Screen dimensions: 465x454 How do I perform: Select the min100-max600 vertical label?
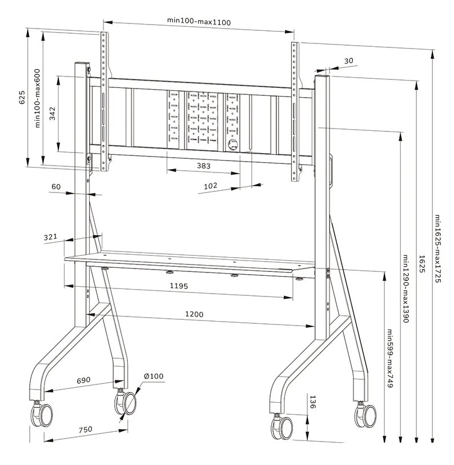click(x=38, y=99)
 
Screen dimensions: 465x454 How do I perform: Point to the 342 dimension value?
click(x=52, y=113)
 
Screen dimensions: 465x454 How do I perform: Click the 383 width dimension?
click(x=203, y=166)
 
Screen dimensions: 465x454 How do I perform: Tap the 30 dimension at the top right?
click(x=349, y=61)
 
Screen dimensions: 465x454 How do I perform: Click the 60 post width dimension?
click(x=56, y=186)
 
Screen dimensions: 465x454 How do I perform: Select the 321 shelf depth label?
click(x=51, y=236)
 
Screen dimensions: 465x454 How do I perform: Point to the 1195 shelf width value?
click(x=179, y=285)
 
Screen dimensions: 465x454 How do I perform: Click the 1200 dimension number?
click(x=195, y=314)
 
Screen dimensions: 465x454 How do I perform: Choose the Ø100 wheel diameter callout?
click(x=154, y=376)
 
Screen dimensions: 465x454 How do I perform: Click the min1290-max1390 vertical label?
click(x=405, y=289)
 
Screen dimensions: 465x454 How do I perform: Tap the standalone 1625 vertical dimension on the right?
click(x=421, y=264)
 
